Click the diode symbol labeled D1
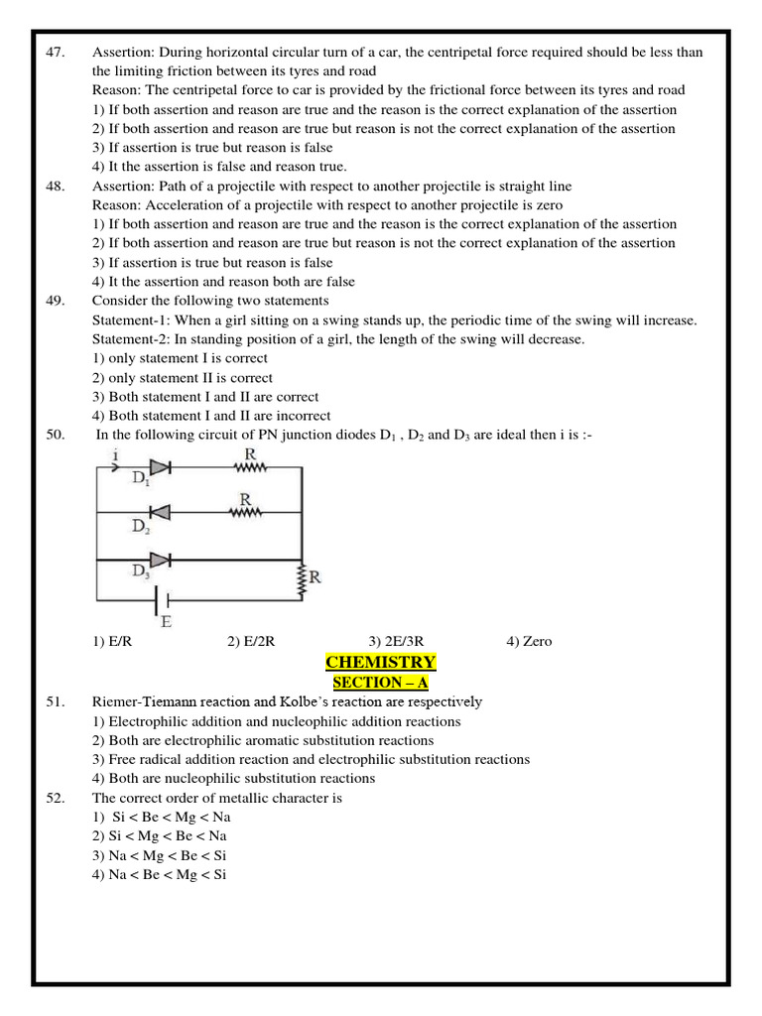click(159, 465)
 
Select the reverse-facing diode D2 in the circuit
click(159, 512)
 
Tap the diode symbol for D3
click(159, 560)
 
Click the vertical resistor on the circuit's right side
click(302, 580)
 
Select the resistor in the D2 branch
click(244, 512)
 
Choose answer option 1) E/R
click(113, 641)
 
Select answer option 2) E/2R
click(250, 641)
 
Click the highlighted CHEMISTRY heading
click(380, 663)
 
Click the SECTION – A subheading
click(380, 683)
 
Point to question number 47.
click(55, 53)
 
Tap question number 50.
click(55, 435)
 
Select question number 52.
click(55, 798)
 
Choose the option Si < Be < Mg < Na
click(169, 817)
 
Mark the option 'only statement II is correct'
click(183, 378)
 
